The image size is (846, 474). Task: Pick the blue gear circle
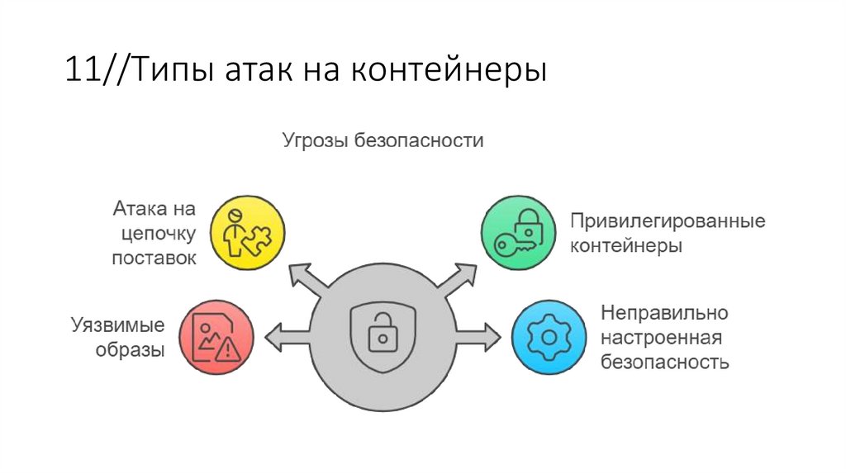tap(547, 336)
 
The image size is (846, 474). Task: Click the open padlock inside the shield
tap(382, 334)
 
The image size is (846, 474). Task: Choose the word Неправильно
tap(663, 313)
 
